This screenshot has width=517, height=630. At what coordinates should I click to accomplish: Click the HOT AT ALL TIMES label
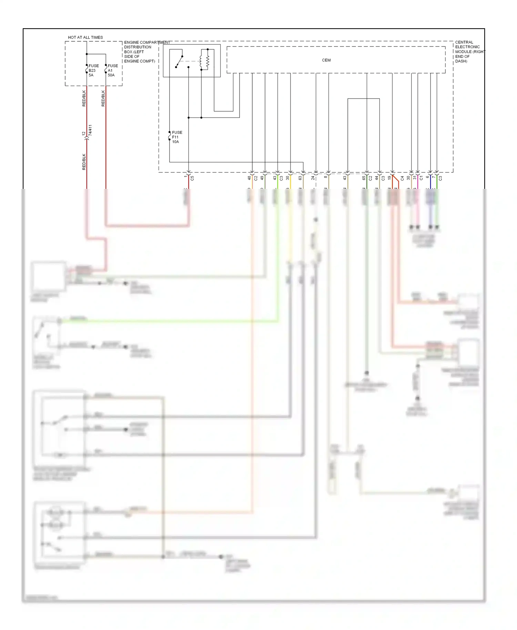[x=85, y=37]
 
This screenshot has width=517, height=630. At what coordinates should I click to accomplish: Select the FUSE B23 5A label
[x=93, y=70]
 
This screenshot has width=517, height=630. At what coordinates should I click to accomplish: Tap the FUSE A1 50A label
[x=113, y=70]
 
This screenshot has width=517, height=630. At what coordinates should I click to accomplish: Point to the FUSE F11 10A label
[x=177, y=137]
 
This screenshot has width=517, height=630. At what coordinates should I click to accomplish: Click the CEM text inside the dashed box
[x=326, y=60]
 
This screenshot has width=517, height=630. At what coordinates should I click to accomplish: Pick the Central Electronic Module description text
[x=469, y=52]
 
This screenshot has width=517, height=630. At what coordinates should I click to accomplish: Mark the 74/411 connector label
[x=90, y=130]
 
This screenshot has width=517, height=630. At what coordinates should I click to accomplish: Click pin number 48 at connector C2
[x=249, y=178]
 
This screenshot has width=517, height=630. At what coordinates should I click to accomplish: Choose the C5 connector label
[x=192, y=178]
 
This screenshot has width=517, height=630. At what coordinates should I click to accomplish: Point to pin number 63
[x=300, y=178]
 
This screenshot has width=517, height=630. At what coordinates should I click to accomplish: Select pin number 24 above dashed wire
[x=313, y=178]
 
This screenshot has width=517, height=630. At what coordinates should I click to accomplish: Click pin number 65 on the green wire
[x=364, y=178]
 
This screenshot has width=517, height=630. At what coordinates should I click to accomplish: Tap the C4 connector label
[x=402, y=178]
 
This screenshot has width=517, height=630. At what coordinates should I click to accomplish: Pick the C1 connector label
[x=421, y=178]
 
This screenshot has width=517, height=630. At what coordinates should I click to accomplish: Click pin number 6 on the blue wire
[x=427, y=177]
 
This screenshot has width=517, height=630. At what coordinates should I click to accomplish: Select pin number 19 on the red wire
[x=389, y=178]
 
